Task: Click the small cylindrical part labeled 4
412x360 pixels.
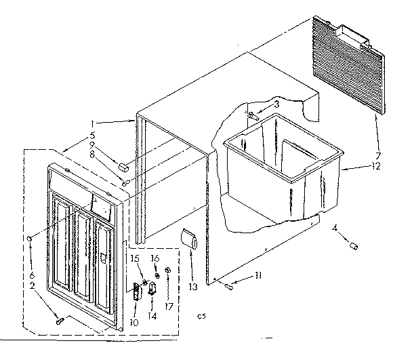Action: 352,247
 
